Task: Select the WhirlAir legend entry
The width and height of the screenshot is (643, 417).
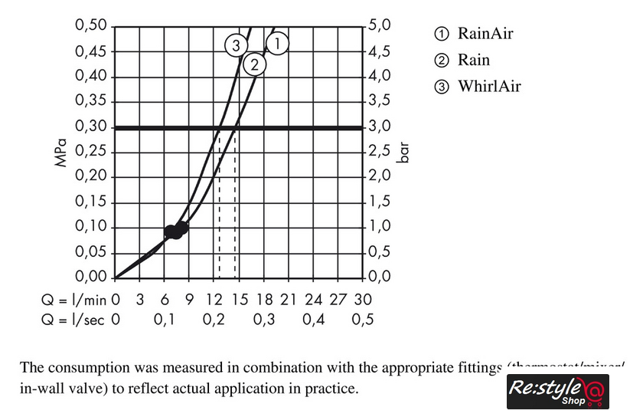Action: [x=478, y=86]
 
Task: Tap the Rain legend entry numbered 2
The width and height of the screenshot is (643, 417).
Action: [x=462, y=60]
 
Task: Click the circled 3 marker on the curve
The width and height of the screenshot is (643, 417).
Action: [x=237, y=45]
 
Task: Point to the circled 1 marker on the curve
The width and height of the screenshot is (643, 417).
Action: [x=277, y=44]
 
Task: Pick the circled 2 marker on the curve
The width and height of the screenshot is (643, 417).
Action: [x=255, y=65]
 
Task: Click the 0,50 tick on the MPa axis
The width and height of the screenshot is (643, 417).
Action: [x=90, y=26]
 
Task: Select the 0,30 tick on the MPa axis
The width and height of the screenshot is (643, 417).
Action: [x=90, y=126]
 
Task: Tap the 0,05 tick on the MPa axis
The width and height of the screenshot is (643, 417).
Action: [x=90, y=252]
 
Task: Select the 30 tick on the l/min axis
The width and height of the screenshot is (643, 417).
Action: [x=364, y=297]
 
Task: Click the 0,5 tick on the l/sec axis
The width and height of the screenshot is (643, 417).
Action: [x=363, y=319]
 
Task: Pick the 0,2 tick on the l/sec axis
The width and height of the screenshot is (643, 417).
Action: [x=214, y=319]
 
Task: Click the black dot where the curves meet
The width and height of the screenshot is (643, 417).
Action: [x=176, y=229]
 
